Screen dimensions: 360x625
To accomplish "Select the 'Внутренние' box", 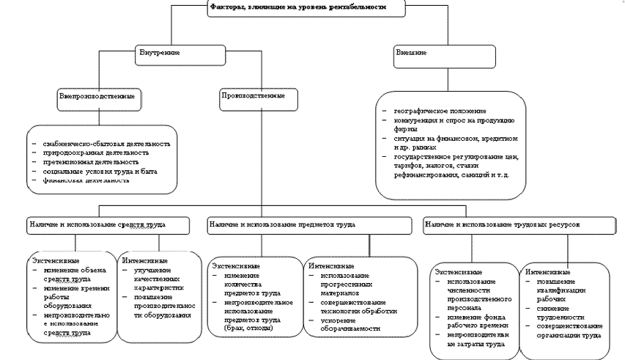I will click(160, 53).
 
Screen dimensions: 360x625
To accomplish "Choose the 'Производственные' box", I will click(249, 97).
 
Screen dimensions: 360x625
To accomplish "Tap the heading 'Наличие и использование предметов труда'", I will click(281, 224).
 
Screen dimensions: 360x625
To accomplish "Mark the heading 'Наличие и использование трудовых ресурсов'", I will click(502, 224).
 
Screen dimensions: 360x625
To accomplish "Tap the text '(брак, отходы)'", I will click(248, 328).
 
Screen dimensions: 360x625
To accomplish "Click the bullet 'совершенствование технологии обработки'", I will click(358, 306).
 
